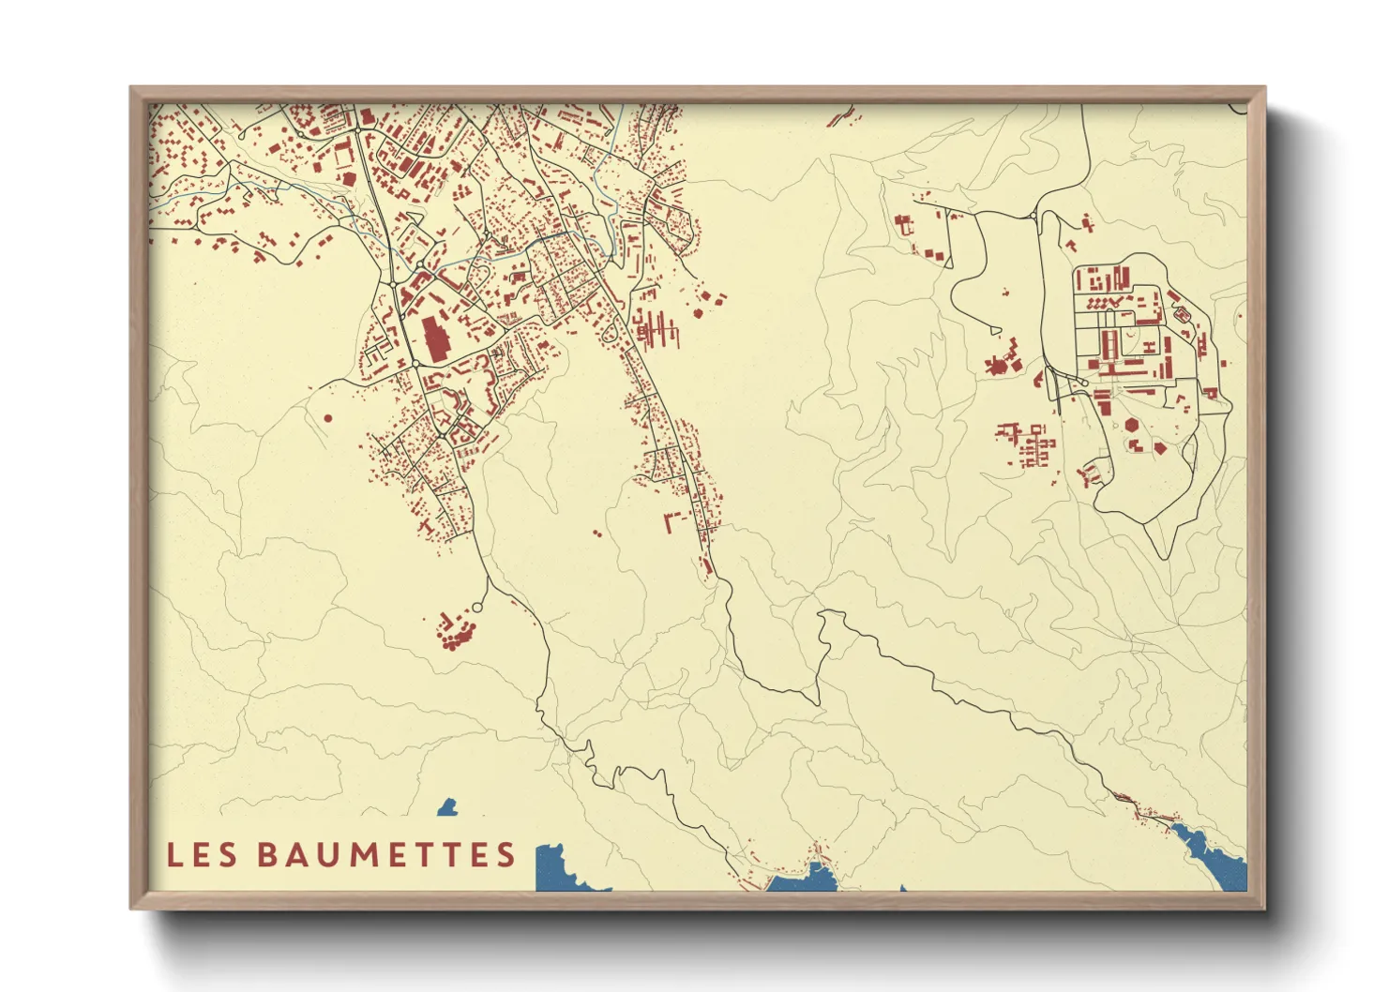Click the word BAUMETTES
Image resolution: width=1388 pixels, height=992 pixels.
pos(386,854)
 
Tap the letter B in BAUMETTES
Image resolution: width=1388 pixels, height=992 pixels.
pos(266,854)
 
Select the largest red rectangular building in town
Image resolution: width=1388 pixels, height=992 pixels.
pos(435,338)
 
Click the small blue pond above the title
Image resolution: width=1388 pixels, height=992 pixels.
pos(447,807)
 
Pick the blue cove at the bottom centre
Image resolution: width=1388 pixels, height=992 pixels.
pos(807,879)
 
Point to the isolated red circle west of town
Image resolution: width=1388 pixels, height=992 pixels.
pos(327,418)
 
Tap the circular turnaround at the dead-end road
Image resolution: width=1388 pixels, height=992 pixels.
pos(476,609)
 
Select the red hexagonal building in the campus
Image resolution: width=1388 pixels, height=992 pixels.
pos(1133,426)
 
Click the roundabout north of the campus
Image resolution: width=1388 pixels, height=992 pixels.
pos(1034,218)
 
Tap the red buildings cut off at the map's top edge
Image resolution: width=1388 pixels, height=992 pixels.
pos(841,115)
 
